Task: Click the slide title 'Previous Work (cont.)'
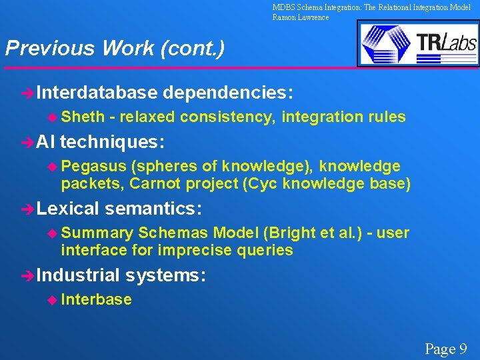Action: tap(115, 49)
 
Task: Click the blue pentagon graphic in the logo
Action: tap(386, 43)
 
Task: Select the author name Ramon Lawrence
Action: tap(300, 17)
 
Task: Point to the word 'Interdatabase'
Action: tap(97, 91)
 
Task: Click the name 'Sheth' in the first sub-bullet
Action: tap(83, 117)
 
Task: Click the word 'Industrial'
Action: tap(78, 275)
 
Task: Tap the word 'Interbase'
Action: tap(96, 299)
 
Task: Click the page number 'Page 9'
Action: tap(445, 348)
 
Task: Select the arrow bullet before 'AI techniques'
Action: tap(27, 142)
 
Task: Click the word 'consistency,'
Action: tap(227, 117)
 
